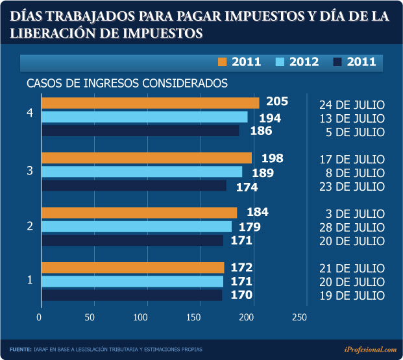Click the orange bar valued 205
click(151, 103)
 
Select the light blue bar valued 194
click(145, 117)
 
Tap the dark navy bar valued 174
click(134, 186)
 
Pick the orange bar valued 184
click(140, 213)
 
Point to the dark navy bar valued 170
click(132, 295)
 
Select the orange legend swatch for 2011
click(223, 62)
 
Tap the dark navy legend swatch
click(337, 62)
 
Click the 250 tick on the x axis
click(299, 317)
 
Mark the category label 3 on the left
click(30, 171)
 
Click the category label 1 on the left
click(30, 280)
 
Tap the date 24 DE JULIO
click(352, 104)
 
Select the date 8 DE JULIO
click(354, 173)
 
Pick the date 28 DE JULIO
click(352, 227)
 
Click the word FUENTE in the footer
click(20, 350)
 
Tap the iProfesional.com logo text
click(370, 349)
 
